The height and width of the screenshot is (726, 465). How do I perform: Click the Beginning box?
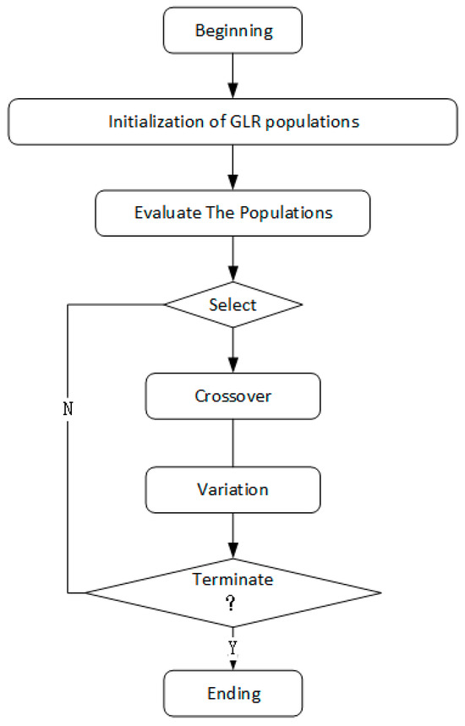coord(232,32)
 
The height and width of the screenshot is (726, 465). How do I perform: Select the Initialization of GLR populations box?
coord(232,122)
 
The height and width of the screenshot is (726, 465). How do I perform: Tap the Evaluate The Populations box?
coord(232,211)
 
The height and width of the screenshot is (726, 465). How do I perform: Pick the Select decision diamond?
coord(232,303)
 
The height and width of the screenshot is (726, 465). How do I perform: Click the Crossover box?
coord(232,395)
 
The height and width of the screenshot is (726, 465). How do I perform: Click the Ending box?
coord(232,695)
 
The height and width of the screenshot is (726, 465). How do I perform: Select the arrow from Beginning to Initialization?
coord(232,76)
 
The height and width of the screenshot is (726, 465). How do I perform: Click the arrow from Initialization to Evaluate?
coord(232,166)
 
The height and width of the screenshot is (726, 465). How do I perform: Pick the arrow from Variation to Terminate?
coord(232,533)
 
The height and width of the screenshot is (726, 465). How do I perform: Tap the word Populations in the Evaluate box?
coord(289,211)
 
